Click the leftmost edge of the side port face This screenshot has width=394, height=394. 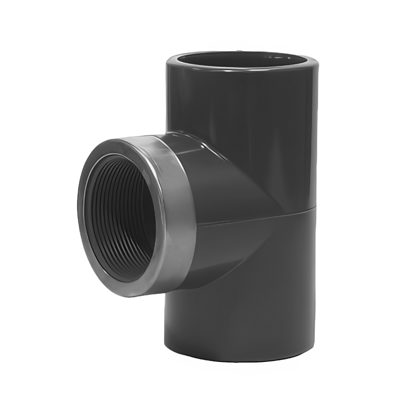pyautogui.click(x=78, y=217)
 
